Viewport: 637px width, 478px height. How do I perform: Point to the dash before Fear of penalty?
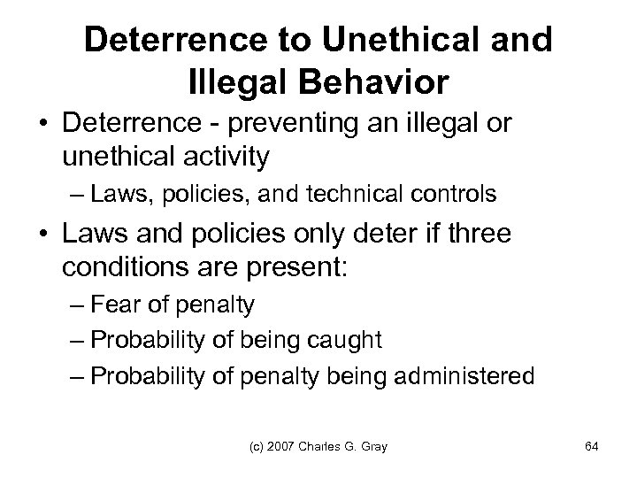(x=84, y=306)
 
